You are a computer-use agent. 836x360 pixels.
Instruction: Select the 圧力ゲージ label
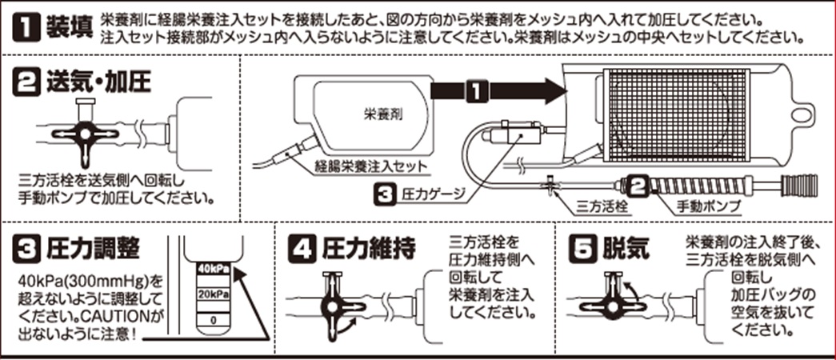click(431, 194)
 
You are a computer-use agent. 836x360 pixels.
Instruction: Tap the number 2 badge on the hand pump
click(636, 186)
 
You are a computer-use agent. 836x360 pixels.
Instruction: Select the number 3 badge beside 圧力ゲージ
click(384, 194)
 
